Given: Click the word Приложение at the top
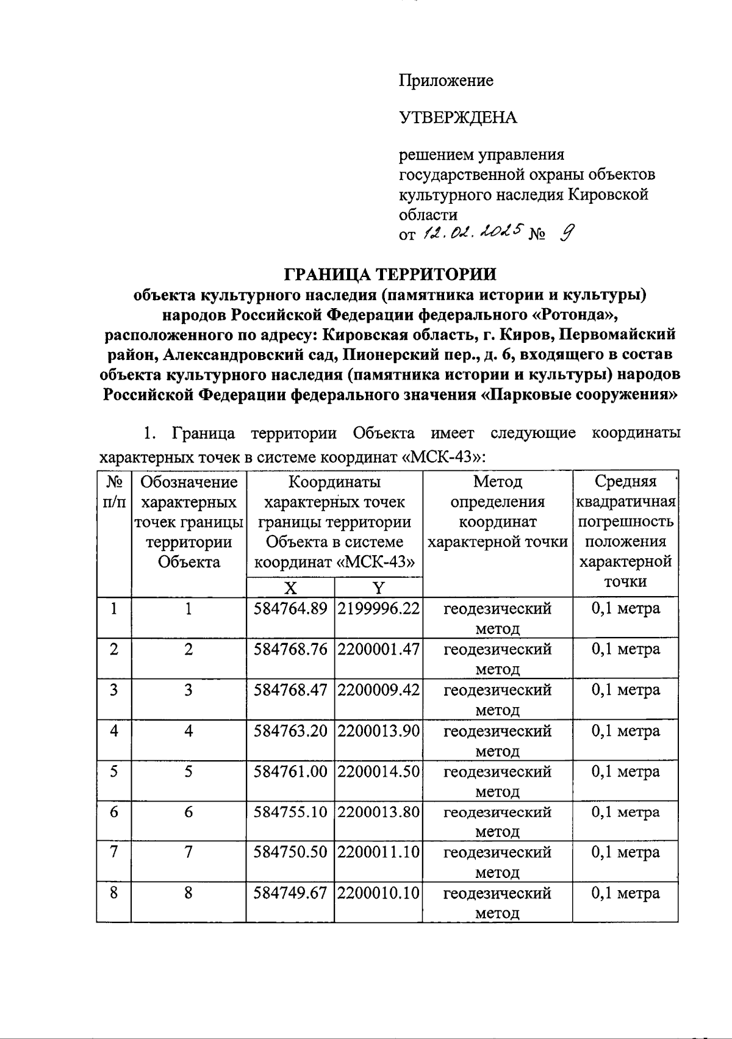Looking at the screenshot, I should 446,81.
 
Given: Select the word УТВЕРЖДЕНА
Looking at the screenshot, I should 458,117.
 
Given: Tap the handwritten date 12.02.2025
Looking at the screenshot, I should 473,232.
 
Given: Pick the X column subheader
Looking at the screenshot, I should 290,588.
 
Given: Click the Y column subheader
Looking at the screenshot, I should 379,588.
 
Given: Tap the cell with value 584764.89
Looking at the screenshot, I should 290,609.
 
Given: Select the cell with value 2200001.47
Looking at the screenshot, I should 379,649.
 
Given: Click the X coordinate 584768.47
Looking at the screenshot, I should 290,690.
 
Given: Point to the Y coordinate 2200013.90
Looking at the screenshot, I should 379,731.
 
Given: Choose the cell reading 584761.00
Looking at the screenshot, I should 290,772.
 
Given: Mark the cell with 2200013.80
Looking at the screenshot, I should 379,812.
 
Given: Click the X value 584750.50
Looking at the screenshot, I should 290,852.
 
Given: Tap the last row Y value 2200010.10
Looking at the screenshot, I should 379,893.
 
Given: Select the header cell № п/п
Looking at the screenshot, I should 114,492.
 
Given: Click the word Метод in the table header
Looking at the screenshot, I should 498,482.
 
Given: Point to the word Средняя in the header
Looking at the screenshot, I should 625,482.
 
